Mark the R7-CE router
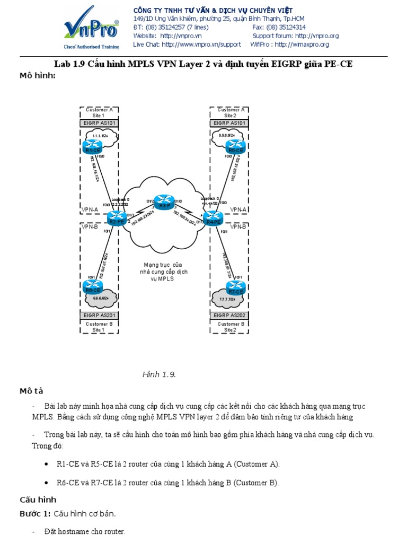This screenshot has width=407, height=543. pyautogui.click(x=235, y=289)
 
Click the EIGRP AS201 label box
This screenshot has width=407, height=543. pyautogui.click(x=99, y=315)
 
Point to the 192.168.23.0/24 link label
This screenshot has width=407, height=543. pyautogui.click(x=143, y=217)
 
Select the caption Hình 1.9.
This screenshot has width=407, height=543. pyautogui.click(x=159, y=375)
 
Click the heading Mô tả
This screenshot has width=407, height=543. pyautogui.click(x=31, y=391)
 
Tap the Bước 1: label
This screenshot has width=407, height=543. pyautogui.click(x=35, y=514)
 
